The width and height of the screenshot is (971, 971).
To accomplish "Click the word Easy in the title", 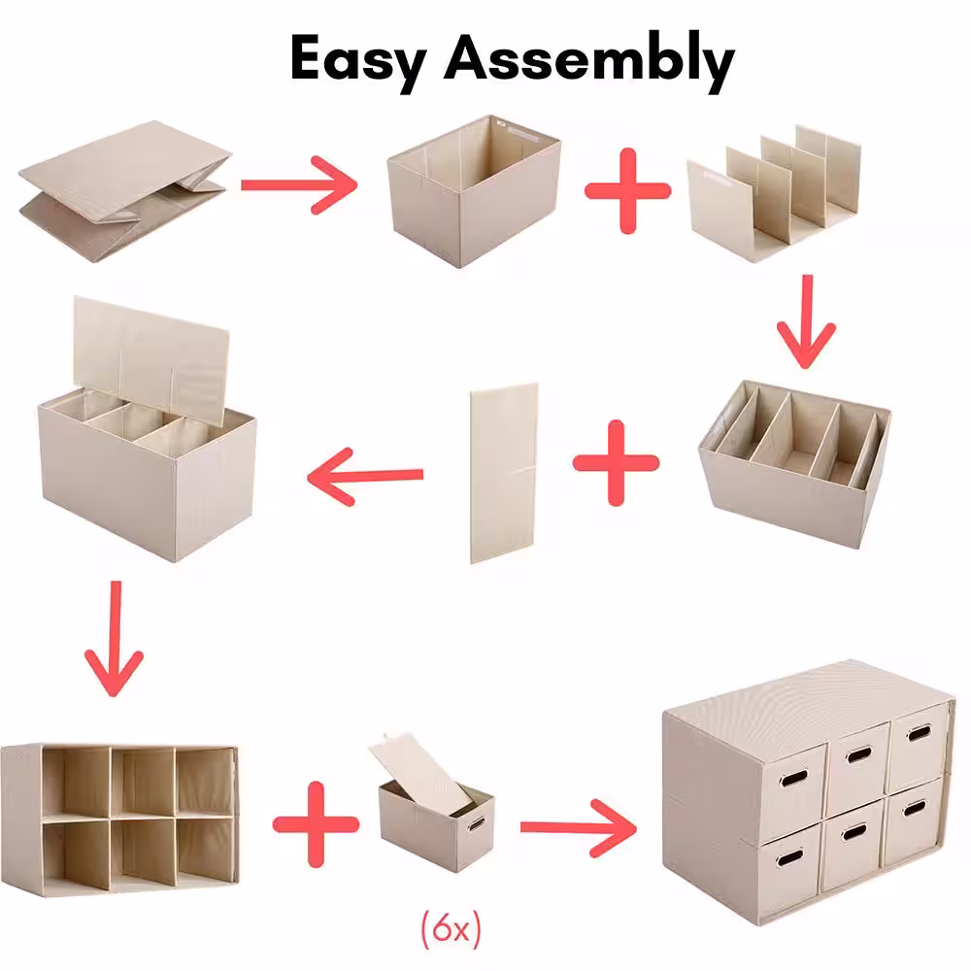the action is click(358, 60).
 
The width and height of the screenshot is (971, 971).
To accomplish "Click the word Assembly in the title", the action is click(589, 60).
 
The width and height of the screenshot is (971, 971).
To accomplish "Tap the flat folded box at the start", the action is click(125, 191).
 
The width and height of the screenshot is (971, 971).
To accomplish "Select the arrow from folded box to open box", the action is click(300, 184).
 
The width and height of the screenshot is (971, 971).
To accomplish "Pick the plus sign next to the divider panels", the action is click(627, 190).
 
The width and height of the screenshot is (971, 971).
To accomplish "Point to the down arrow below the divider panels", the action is click(806, 322).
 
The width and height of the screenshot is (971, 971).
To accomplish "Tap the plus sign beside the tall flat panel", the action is click(616, 463).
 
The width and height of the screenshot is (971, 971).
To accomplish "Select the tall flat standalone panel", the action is click(504, 473).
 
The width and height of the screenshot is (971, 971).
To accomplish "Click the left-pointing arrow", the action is click(365, 476).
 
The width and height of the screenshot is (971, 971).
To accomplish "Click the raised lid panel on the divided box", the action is click(151, 359).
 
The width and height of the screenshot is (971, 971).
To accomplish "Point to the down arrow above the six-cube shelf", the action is click(114, 639).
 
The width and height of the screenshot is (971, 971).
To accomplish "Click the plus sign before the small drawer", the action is click(316, 824).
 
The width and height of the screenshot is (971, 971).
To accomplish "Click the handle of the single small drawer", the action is click(477, 824).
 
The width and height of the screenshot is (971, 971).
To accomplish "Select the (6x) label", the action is click(451, 928).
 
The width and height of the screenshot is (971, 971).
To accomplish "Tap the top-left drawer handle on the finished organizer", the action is click(792, 778).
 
